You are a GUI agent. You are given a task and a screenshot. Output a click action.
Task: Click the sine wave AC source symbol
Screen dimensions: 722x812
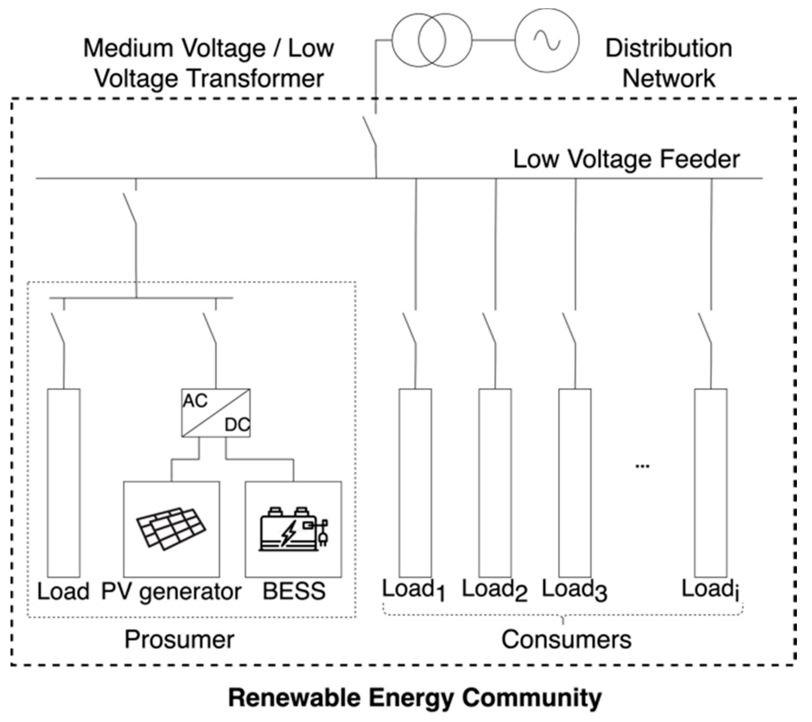[547, 40]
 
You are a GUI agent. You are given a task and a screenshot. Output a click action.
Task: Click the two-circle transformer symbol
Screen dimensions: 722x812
[431, 40]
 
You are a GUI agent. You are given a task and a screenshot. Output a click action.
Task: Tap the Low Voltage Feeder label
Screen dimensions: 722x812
[626, 159]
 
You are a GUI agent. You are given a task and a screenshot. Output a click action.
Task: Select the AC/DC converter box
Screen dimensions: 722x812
[216, 413]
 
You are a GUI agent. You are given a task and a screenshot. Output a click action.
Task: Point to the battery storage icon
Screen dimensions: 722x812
[293, 530]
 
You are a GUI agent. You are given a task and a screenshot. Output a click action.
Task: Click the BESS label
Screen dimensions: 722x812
[294, 591]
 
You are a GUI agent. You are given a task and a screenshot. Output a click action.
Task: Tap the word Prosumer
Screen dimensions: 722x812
[179, 639]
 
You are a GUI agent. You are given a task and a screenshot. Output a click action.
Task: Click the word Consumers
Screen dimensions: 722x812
[566, 639]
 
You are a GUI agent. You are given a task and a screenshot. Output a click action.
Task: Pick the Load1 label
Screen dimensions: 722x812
[413, 590]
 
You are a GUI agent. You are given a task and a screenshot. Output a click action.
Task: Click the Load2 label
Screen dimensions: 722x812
[495, 590]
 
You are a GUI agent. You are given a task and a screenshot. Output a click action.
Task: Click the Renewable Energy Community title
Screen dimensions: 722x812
[415, 698]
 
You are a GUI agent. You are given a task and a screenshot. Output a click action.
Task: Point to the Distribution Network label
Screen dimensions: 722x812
[668, 63]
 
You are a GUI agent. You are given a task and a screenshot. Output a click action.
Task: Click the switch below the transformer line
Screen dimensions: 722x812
[370, 131]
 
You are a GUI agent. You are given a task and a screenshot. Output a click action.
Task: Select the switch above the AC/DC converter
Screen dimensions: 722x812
[210, 328]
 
